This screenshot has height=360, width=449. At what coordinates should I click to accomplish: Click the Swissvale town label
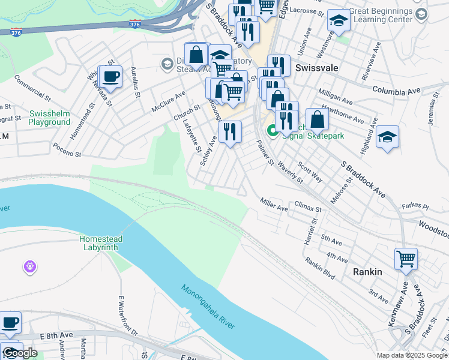(x=315, y=68)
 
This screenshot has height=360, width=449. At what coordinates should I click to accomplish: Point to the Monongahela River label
(x=208, y=307)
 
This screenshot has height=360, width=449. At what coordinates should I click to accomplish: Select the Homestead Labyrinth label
(x=101, y=243)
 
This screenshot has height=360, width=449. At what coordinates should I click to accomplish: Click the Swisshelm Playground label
(x=49, y=118)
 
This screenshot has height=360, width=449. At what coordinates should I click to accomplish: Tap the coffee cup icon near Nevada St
(x=110, y=77)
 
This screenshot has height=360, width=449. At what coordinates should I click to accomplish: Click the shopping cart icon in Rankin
(x=406, y=259)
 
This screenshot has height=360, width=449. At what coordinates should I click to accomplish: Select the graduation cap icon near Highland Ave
(x=387, y=137)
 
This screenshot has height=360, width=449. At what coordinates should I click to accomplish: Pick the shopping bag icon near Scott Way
(x=317, y=120)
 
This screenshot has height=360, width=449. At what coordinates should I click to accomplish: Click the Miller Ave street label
(x=274, y=204)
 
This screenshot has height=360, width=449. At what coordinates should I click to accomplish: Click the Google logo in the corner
(x=20, y=353)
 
